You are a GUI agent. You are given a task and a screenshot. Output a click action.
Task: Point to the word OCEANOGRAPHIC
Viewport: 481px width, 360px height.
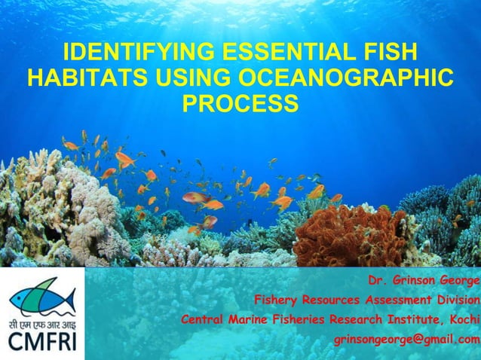click(x=347, y=78)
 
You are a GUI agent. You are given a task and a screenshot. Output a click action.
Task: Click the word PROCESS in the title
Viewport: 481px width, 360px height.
click(x=240, y=102)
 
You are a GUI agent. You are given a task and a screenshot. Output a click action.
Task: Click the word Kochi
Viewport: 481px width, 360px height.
click(x=464, y=320)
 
